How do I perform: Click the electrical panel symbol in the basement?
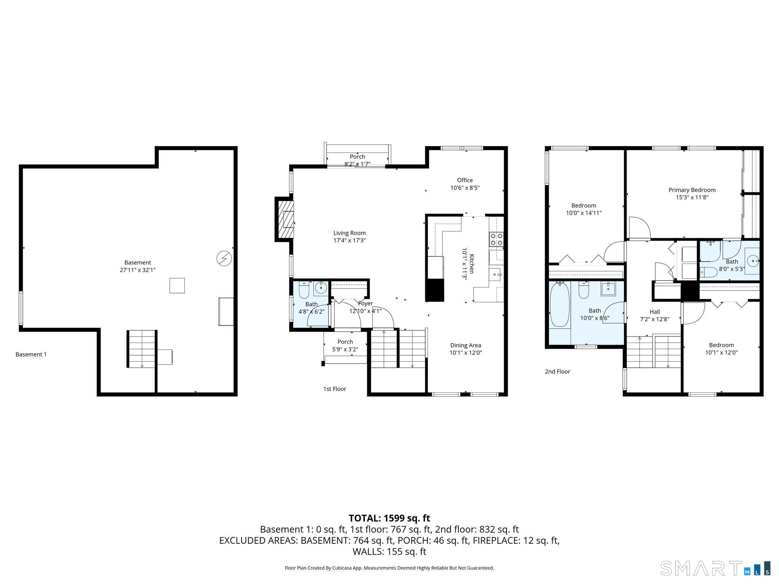(224, 259)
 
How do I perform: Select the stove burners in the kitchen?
(496, 239)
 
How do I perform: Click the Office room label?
(465, 180)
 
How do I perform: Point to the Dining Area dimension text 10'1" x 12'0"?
(466, 352)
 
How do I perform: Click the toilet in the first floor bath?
(304, 290)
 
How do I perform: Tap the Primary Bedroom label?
(692, 190)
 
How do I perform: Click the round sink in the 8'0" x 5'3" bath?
(752, 261)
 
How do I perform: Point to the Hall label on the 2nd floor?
(655, 312)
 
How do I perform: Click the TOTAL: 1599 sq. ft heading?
(389, 518)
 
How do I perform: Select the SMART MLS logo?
(715, 568)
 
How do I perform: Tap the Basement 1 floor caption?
(31, 354)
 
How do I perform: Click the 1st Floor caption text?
(334, 389)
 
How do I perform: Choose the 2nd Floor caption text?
(557, 371)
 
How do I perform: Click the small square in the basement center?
(177, 286)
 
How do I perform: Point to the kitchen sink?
(496, 274)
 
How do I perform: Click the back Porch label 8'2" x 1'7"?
(357, 160)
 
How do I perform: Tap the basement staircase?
(141, 349)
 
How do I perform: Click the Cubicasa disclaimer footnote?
(389, 568)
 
